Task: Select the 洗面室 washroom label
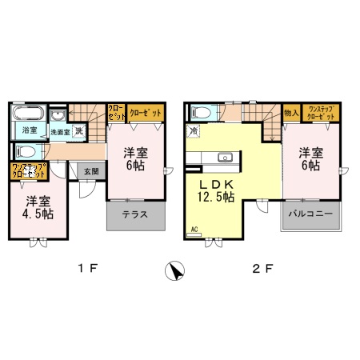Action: [x=61, y=131]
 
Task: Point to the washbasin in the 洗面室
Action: [x=58, y=114]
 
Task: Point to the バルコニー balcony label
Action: [x=309, y=216]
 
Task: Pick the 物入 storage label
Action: [x=291, y=114]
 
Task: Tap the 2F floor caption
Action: [x=262, y=270]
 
